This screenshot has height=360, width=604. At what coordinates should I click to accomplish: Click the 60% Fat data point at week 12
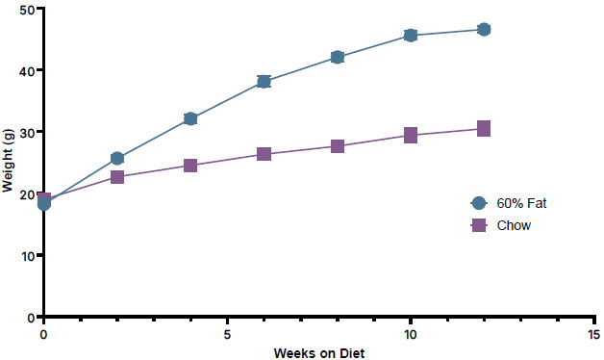coord(484,29)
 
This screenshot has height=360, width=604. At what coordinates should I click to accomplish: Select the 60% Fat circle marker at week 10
coord(411,36)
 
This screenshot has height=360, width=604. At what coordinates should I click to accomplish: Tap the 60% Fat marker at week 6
coord(264,81)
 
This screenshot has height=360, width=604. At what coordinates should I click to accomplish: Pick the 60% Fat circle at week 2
coord(117,158)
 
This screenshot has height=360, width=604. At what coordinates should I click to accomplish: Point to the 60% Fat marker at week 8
coord(338,57)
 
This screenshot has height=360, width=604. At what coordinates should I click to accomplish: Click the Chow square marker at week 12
coord(484,128)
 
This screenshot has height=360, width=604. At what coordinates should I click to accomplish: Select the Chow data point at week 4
coord(190,166)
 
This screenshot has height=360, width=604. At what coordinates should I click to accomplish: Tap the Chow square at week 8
coord(338,146)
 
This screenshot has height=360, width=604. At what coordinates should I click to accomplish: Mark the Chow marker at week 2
coord(117,177)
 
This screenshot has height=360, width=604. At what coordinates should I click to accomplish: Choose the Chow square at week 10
coord(411,136)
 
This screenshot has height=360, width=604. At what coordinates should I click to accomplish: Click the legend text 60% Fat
coord(521,203)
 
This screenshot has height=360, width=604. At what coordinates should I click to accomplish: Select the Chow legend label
coord(514,225)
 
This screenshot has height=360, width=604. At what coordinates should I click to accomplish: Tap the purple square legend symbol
coord(479,225)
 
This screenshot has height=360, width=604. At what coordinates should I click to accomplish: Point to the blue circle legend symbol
coord(479,203)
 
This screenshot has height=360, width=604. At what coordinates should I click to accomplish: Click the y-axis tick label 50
coord(27,10)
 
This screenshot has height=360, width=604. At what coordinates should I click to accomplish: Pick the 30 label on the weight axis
coord(27,133)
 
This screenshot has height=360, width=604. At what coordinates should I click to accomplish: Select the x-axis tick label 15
coord(594,335)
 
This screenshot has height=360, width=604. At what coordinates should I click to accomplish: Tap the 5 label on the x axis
coord(227,335)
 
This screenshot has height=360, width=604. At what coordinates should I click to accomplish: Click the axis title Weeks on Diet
coord(319,353)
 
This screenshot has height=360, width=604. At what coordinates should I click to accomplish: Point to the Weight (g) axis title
coord(8,161)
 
